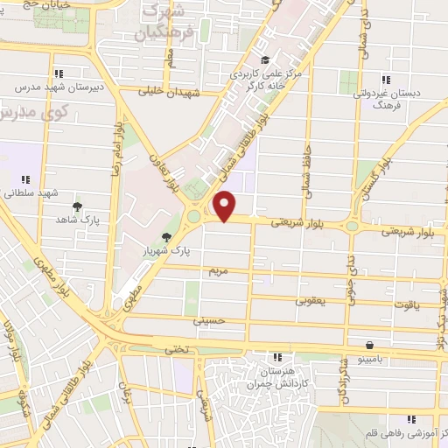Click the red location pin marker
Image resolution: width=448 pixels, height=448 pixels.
[226, 206]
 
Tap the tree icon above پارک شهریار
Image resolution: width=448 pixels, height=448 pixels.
[166, 236]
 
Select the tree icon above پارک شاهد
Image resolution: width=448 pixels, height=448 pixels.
[78, 206]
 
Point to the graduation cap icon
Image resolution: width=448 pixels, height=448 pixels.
[241, 59]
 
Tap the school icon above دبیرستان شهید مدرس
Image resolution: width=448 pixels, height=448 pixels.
[59, 74]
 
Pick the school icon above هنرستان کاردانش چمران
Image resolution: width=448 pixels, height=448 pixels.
[277, 358]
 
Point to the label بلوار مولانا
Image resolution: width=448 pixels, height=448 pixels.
[15, 343]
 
